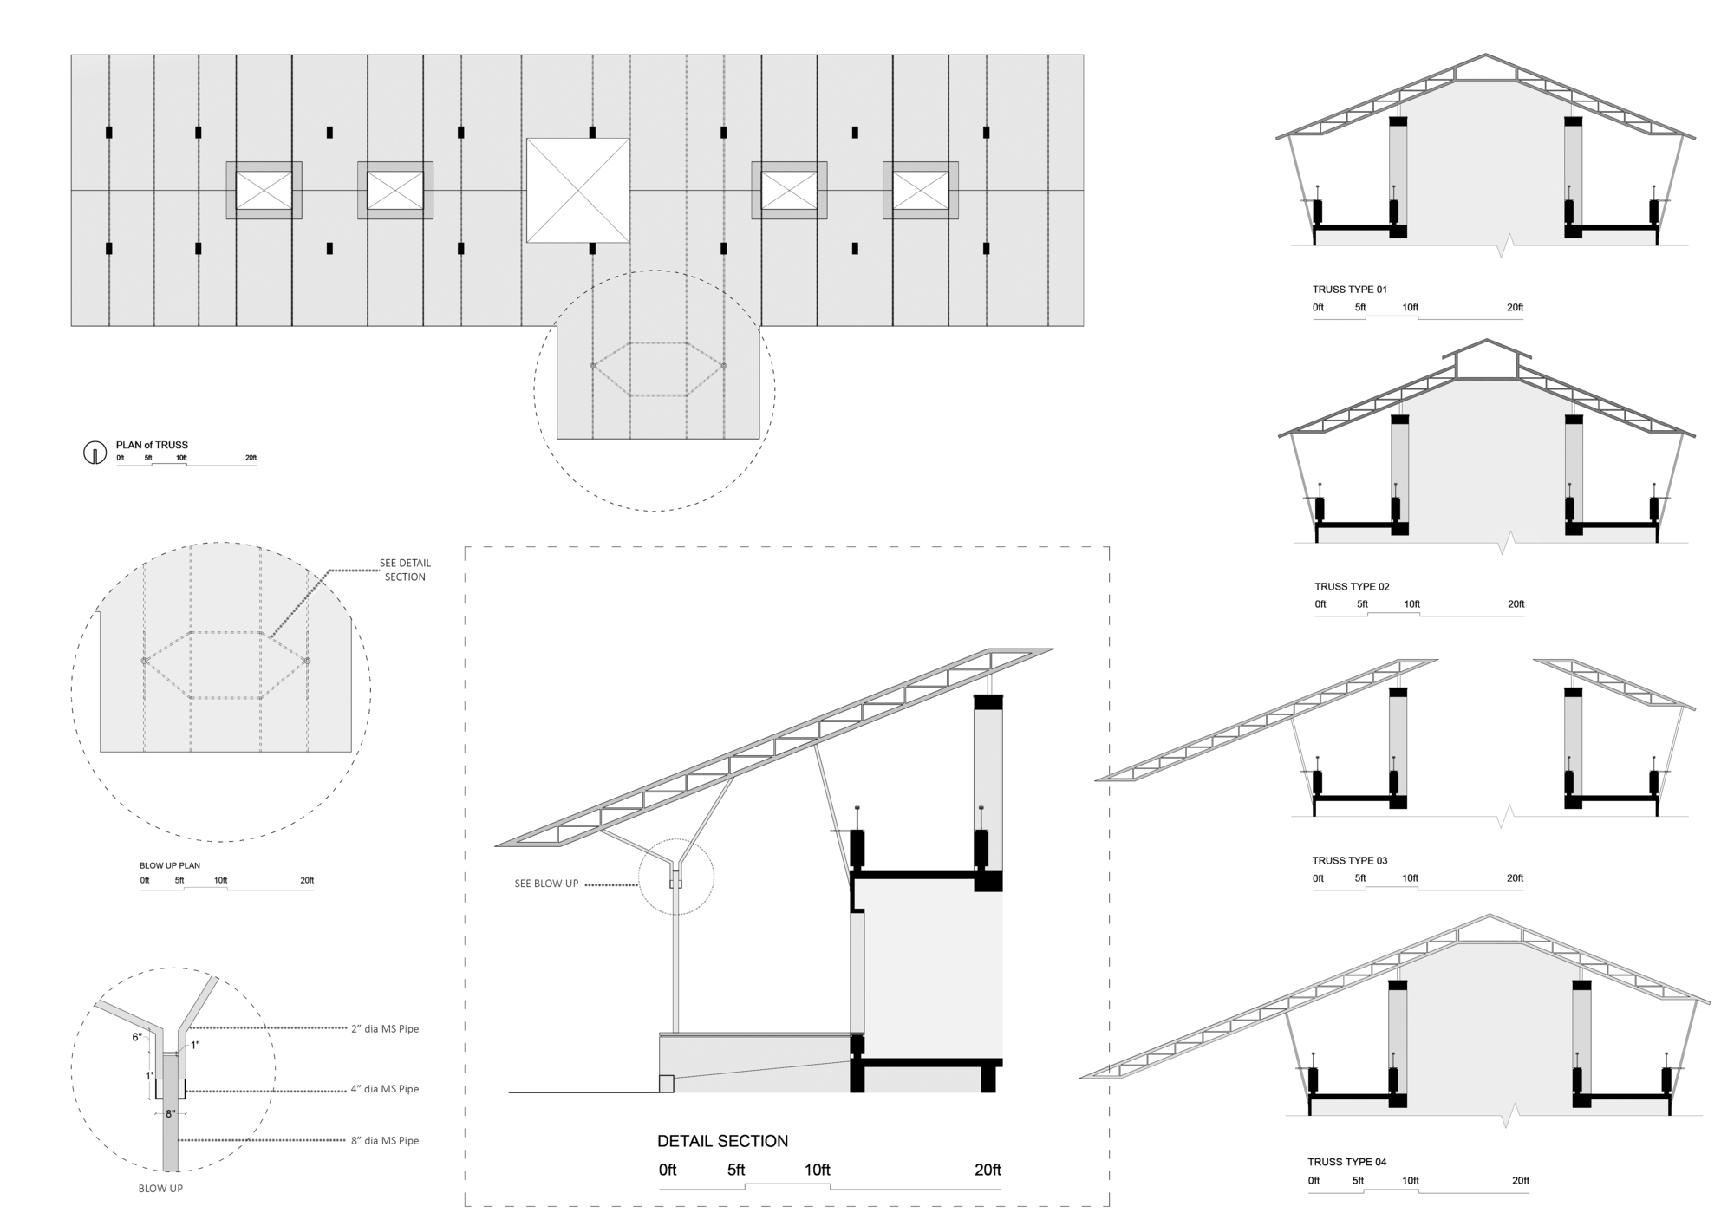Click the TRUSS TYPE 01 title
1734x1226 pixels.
click(x=1355, y=290)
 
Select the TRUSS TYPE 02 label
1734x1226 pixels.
click(x=1352, y=587)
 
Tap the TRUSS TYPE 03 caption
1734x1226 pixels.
click(x=1349, y=861)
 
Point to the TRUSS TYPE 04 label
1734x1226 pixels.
click(x=1346, y=1162)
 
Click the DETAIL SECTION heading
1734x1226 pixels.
click(x=722, y=1141)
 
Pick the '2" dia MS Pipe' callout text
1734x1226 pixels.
click(x=385, y=1029)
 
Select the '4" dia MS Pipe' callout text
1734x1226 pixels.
click(x=385, y=1089)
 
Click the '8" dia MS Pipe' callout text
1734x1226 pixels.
click(x=385, y=1141)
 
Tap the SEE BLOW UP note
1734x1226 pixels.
click(x=546, y=884)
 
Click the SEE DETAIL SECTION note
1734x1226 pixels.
click(x=405, y=570)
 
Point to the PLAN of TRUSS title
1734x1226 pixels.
click(x=152, y=445)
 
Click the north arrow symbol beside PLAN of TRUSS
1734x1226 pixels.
click(x=94, y=453)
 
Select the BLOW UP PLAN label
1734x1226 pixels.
click(x=170, y=865)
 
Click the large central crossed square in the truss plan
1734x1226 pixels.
click(x=577, y=190)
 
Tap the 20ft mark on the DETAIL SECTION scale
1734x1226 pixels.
click(x=988, y=1170)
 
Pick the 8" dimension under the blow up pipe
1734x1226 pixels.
click(x=170, y=1114)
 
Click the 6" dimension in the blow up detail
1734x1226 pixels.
click(x=137, y=1037)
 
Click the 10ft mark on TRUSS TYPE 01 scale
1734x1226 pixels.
click(x=1411, y=308)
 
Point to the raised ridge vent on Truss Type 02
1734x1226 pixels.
click(x=1487, y=360)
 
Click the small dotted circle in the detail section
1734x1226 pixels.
click(x=676, y=877)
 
